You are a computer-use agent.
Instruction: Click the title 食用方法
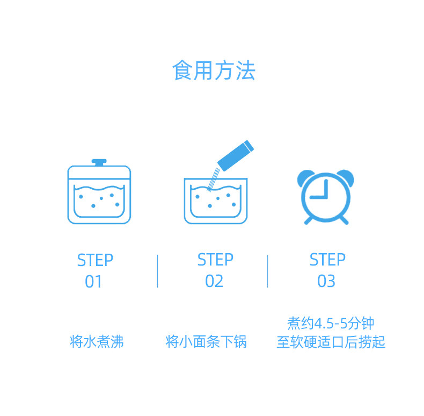point(214,70)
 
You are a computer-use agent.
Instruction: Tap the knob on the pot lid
point(99,162)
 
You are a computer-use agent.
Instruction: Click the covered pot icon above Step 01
point(99,191)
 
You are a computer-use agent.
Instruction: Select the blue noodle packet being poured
point(236,156)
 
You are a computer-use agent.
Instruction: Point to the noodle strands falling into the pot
point(214,180)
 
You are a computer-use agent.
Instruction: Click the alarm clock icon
point(326,197)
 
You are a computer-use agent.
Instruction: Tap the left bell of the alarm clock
point(305,177)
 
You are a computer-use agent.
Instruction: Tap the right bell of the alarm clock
point(346,177)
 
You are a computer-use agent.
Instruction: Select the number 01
point(93,282)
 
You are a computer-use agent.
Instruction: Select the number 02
point(214,281)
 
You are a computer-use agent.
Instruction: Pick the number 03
point(326,281)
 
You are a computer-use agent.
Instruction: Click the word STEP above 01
point(95,260)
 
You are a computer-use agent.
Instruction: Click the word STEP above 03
point(327,260)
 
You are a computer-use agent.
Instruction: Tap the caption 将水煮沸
point(97,341)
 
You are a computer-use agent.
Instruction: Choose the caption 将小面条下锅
point(206,341)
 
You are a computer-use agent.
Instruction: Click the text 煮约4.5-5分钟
point(331,324)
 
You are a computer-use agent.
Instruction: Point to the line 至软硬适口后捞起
point(331,342)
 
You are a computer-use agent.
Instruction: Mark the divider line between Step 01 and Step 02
point(158,271)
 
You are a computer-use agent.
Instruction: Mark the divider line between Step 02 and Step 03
point(268,271)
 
